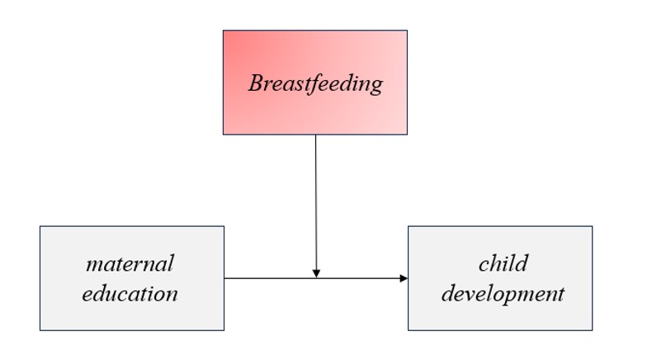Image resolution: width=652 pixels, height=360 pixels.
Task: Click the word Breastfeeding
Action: pyautogui.click(x=315, y=83)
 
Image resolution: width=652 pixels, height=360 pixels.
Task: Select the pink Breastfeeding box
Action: pyautogui.click(x=315, y=83)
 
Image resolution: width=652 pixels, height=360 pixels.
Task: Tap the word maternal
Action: pyautogui.click(x=130, y=263)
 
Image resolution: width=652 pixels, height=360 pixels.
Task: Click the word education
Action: pyautogui.click(x=130, y=293)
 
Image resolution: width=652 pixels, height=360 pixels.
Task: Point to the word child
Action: pyautogui.click(x=503, y=263)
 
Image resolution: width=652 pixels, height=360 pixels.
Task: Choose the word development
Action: pyautogui.click(x=503, y=294)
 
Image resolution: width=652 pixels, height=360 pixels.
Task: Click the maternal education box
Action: pyautogui.click(x=132, y=278)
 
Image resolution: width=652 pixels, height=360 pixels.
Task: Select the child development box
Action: pyautogui.click(x=500, y=278)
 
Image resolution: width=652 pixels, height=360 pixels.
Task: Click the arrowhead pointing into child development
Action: pyautogui.click(x=404, y=278)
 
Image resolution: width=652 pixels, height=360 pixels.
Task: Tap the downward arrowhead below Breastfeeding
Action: pyautogui.click(x=316, y=273)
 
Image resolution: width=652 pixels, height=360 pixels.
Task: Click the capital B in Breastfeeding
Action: pyautogui.click(x=257, y=83)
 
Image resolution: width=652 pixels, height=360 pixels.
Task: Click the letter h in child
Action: pyautogui.click(x=498, y=263)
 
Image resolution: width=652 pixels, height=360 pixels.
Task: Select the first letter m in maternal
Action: pyautogui.click(x=94, y=265)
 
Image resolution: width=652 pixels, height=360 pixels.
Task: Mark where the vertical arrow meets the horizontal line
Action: pyautogui.click(x=316, y=278)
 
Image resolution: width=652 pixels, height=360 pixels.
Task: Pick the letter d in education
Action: pyautogui.click(x=101, y=293)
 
